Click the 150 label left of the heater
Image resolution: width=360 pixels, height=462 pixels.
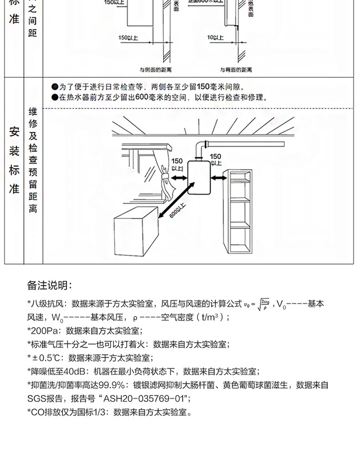coord(177,162)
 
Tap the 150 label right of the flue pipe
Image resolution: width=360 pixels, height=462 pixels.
coord(216,157)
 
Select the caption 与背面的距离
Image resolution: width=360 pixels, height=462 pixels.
coord(236,70)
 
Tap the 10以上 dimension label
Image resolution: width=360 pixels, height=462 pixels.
coord(213,36)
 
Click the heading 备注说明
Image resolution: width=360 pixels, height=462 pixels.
coord(50,286)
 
